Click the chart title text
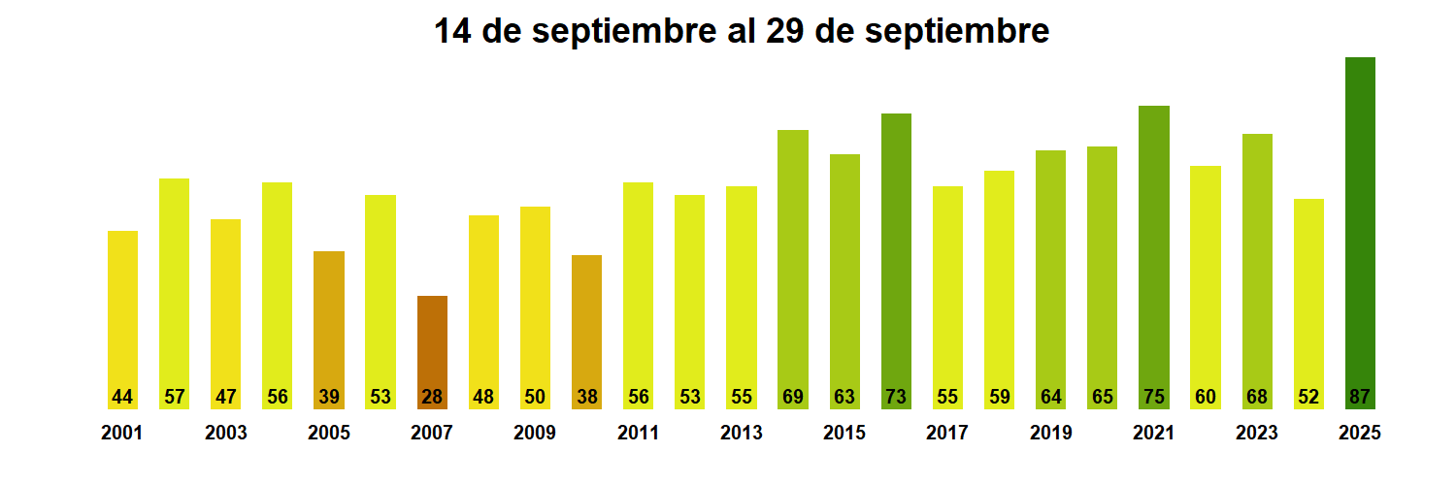click(741, 31)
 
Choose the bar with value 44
click(122, 310)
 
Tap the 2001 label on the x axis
click(122, 433)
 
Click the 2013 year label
click(742, 433)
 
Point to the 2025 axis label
click(1360, 433)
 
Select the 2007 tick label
click(432, 433)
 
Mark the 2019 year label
click(1051, 433)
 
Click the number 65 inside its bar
click(1102, 397)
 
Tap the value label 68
click(1257, 397)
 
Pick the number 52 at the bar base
click(1308, 397)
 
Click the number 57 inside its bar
click(174, 397)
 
